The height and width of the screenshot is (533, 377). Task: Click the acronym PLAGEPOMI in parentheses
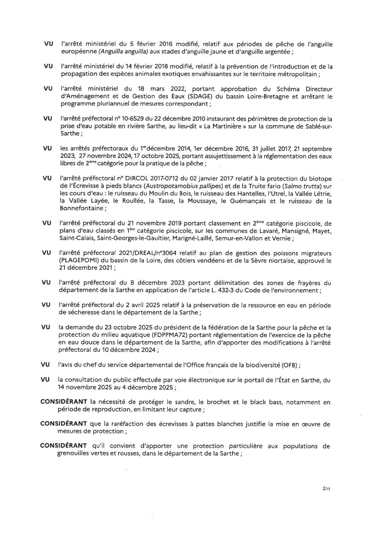[77, 260]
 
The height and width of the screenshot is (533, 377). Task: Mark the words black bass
[268, 402]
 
